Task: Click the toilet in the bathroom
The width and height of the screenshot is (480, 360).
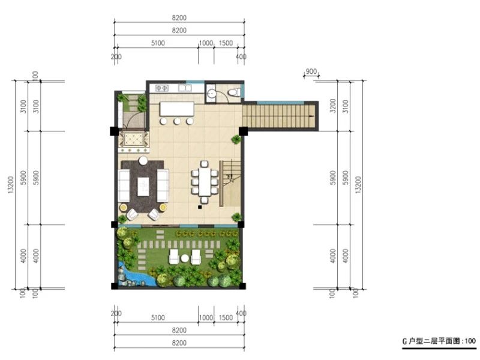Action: click(x=235, y=92)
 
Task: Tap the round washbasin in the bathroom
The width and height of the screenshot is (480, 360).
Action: click(x=211, y=93)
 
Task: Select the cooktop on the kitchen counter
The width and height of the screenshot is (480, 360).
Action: click(x=161, y=88)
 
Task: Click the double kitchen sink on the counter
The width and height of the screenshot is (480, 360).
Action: click(x=185, y=88)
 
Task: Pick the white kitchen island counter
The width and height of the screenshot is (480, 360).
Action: click(x=177, y=109)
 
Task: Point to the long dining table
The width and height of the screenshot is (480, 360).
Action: click(x=204, y=182)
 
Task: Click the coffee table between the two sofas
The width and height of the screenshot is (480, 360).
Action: click(x=143, y=187)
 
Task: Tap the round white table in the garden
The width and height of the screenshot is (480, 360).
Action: click(x=185, y=259)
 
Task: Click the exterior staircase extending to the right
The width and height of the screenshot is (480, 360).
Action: click(x=280, y=116)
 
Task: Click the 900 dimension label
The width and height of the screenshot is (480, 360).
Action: click(x=311, y=71)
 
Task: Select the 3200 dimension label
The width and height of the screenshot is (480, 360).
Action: click(x=334, y=106)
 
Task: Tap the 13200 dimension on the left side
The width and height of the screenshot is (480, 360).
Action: click(x=11, y=184)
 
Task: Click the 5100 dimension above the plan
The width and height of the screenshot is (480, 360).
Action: click(x=158, y=43)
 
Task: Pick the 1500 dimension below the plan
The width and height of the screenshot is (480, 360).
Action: click(x=226, y=317)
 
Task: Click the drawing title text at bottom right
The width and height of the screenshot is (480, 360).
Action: click(x=439, y=341)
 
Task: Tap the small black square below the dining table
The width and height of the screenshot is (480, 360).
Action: click(x=200, y=207)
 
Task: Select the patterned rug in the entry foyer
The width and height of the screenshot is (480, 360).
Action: click(x=133, y=140)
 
